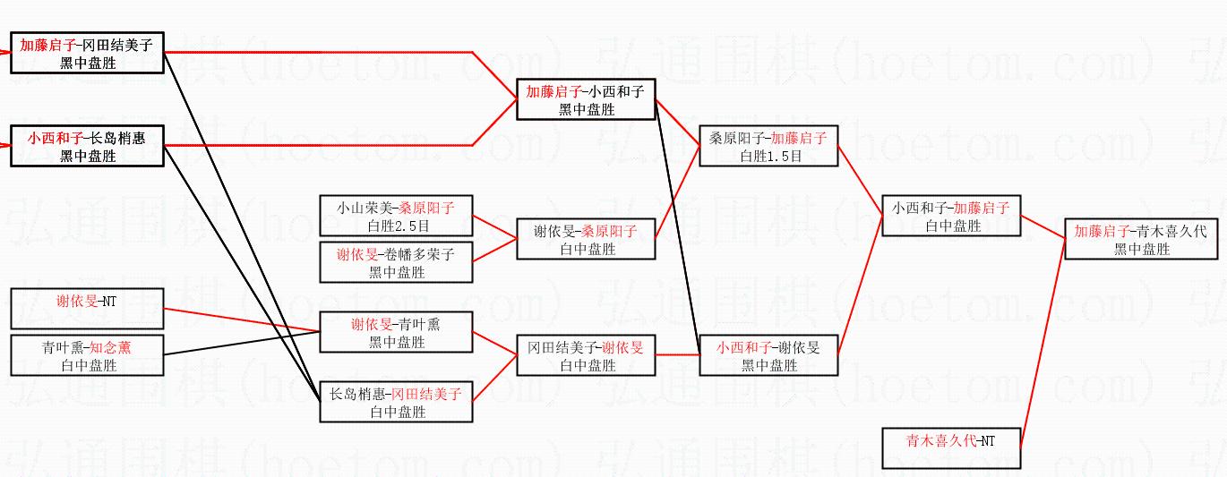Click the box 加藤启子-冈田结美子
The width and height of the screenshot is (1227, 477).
click(88, 53)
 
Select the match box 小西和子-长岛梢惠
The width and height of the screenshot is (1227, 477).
click(88, 146)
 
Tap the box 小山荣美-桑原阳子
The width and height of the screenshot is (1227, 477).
click(396, 217)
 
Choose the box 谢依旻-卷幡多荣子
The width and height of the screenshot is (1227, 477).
click(396, 263)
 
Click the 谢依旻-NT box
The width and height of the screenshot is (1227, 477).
click(88, 309)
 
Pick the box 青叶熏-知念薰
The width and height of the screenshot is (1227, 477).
click(88, 355)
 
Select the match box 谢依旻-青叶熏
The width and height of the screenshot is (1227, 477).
click(396, 332)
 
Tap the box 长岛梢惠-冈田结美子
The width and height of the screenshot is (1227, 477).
click(396, 402)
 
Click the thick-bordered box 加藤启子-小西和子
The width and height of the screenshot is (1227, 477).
click(586, 99)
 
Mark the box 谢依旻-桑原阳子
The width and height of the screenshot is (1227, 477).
click(586, 239)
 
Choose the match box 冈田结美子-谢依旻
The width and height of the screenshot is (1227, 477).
click(586, 355)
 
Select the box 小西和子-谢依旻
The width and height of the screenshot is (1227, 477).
click(768, 355)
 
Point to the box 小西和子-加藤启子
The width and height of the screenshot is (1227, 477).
click(951, 216)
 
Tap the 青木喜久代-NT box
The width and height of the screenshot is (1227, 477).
click(951, 448)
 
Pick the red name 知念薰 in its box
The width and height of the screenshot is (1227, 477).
click(116, 346)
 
